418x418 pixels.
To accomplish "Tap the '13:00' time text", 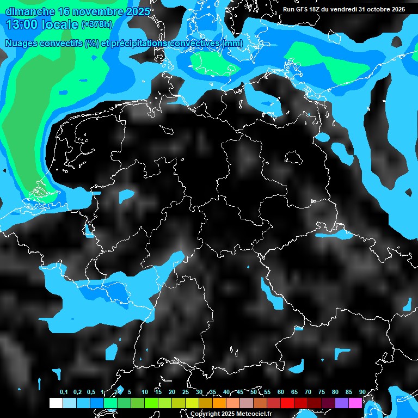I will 20,24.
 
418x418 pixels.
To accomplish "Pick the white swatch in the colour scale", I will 56,403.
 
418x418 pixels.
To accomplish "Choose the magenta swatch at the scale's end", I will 355,403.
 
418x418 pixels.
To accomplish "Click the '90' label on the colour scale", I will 362,392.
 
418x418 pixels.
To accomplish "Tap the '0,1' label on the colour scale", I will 64,392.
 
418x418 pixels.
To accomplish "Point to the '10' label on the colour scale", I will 145,392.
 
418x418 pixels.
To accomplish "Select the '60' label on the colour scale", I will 281,392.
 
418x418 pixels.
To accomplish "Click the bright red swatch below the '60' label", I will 287,403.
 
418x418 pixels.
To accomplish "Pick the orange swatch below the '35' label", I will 219,403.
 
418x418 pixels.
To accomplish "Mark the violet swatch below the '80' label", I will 342,403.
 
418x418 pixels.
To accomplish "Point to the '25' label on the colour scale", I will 186,392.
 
